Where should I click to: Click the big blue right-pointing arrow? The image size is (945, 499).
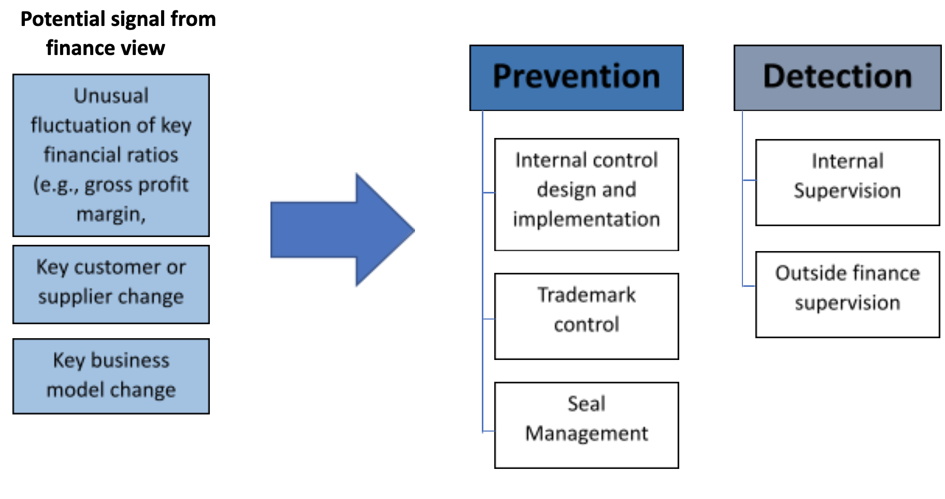[342, 230]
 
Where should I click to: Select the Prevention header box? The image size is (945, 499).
[576, 78]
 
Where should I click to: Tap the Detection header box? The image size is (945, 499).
[837, 78]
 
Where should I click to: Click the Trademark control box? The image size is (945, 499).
[586, 316]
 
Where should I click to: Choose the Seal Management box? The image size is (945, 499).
[586, 425]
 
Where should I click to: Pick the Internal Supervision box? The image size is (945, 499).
[848, 182]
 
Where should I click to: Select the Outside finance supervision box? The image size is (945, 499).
[848, 295]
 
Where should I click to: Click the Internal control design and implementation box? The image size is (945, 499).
[586, 195]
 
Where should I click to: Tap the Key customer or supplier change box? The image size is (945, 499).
[111, 284]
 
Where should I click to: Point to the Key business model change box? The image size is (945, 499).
[111, 376]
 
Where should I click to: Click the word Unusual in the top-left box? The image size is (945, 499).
[111, 95]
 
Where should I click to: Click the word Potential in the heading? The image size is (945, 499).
[63, 20]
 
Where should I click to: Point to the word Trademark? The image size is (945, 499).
[586, 295]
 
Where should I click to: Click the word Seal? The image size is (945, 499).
[586, 404]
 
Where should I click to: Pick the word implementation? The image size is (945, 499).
[586, 219]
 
